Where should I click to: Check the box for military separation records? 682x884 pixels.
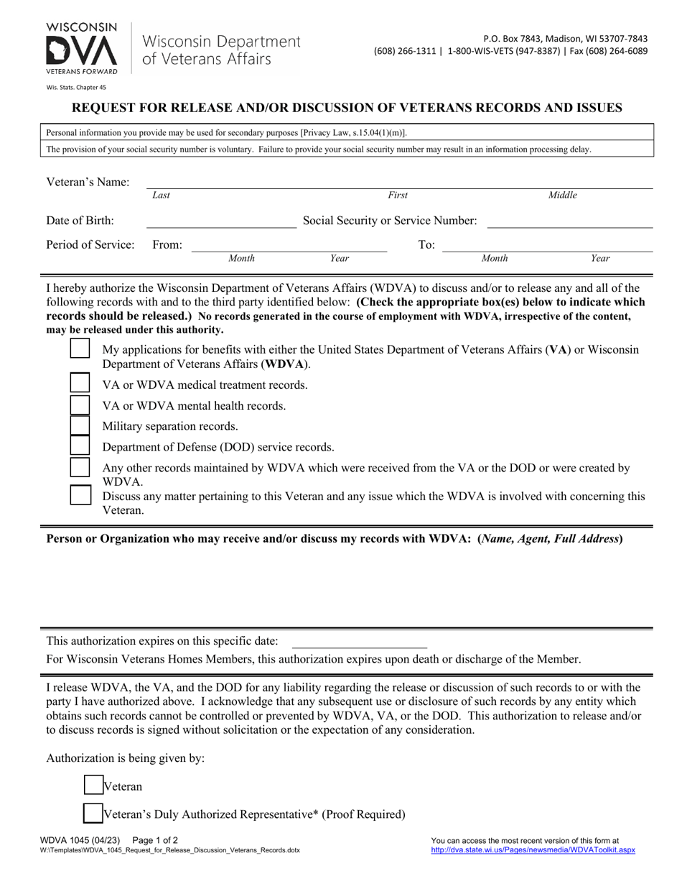point(80,425)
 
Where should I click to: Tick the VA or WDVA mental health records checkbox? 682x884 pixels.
point(80,405)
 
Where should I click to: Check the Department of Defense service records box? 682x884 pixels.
point(80,446)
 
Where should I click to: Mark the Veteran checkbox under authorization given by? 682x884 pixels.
point(93,786)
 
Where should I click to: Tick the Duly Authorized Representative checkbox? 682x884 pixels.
point(93,814)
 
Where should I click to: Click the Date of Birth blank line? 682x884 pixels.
point(221,221)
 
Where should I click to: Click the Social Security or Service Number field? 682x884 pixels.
point(569,221)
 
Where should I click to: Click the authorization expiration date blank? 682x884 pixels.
point(359,641)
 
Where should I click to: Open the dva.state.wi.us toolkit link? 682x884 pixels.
point(533,850)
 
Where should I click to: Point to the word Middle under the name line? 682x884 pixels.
point(562,195)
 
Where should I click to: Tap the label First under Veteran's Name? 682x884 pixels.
point(398,195)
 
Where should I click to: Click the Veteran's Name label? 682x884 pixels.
point(88,182)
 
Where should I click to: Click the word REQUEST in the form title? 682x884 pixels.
point(107,109)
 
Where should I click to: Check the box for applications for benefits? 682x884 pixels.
point(80,349)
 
